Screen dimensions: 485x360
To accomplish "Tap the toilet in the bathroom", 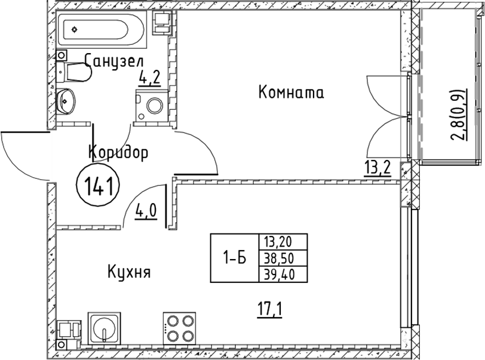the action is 73,72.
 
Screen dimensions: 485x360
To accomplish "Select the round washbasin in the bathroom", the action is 66,101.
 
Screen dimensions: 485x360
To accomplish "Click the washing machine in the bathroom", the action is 152,106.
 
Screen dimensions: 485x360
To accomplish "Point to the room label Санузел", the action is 114,60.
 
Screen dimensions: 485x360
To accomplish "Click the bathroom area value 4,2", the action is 150,79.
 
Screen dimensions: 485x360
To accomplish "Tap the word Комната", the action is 291,92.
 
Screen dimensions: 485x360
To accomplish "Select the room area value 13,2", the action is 377,169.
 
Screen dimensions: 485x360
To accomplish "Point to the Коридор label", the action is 118,152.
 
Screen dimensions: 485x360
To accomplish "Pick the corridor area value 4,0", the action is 146,212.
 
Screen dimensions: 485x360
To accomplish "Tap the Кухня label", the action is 129,272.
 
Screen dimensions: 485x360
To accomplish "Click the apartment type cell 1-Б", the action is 235,258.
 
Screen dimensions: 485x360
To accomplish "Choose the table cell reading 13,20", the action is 283,242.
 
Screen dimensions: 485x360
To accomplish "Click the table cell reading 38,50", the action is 283,259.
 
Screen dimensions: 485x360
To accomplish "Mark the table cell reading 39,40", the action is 283,275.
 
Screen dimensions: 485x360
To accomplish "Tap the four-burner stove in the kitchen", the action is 179,328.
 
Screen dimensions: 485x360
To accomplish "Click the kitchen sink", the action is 105,328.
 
